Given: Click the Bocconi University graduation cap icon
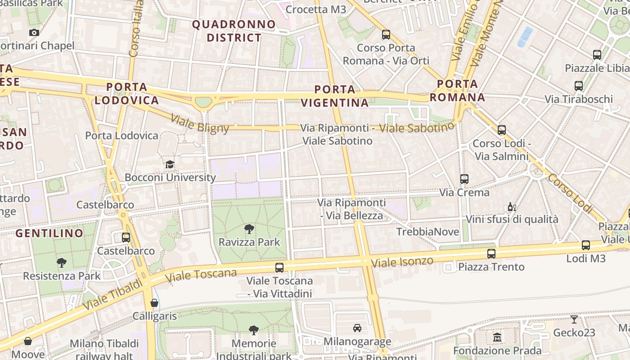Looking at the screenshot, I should click(170, 164).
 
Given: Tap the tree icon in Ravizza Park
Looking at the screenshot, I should click(249, 229).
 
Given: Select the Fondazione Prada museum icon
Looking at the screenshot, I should click(497, 337).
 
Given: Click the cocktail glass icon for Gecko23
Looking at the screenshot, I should click(574, 319).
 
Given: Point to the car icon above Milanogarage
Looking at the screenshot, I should click(357, 328).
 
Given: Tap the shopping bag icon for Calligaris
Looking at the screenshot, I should click(154, 303).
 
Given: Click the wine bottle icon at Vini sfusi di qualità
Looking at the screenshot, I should click(512, 207).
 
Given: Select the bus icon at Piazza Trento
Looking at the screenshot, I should click(491, 254).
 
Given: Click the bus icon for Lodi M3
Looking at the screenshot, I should click(585, 245).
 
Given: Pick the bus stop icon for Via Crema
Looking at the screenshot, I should click(464, 179).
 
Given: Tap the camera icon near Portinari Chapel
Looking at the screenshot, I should click(34, 32).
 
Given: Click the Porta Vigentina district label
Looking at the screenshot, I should click(335, 96).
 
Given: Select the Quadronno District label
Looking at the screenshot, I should click(234, 31).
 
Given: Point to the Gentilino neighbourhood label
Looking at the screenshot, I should click(49, 233).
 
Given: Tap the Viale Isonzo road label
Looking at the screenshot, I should click(403, 262).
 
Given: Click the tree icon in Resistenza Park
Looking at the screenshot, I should click(62, 263).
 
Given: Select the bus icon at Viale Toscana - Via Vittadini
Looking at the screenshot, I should click(279, 268).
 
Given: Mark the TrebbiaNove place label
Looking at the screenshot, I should click(427, 232).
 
